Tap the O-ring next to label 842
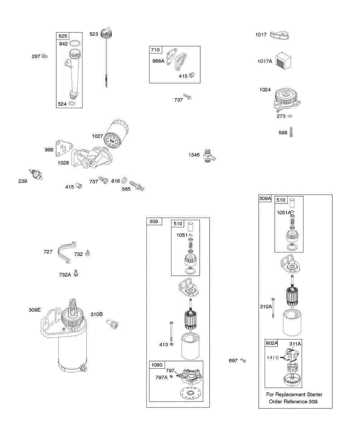[x=74, y=44]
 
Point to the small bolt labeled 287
[x=45, y=56]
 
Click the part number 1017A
[x=264, y=61]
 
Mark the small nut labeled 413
[x=171, y=345]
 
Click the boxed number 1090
[x=157, y=365]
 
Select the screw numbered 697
[x=243, y=360]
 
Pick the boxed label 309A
[x=265, y=198]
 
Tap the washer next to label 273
[x=290, y=116]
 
